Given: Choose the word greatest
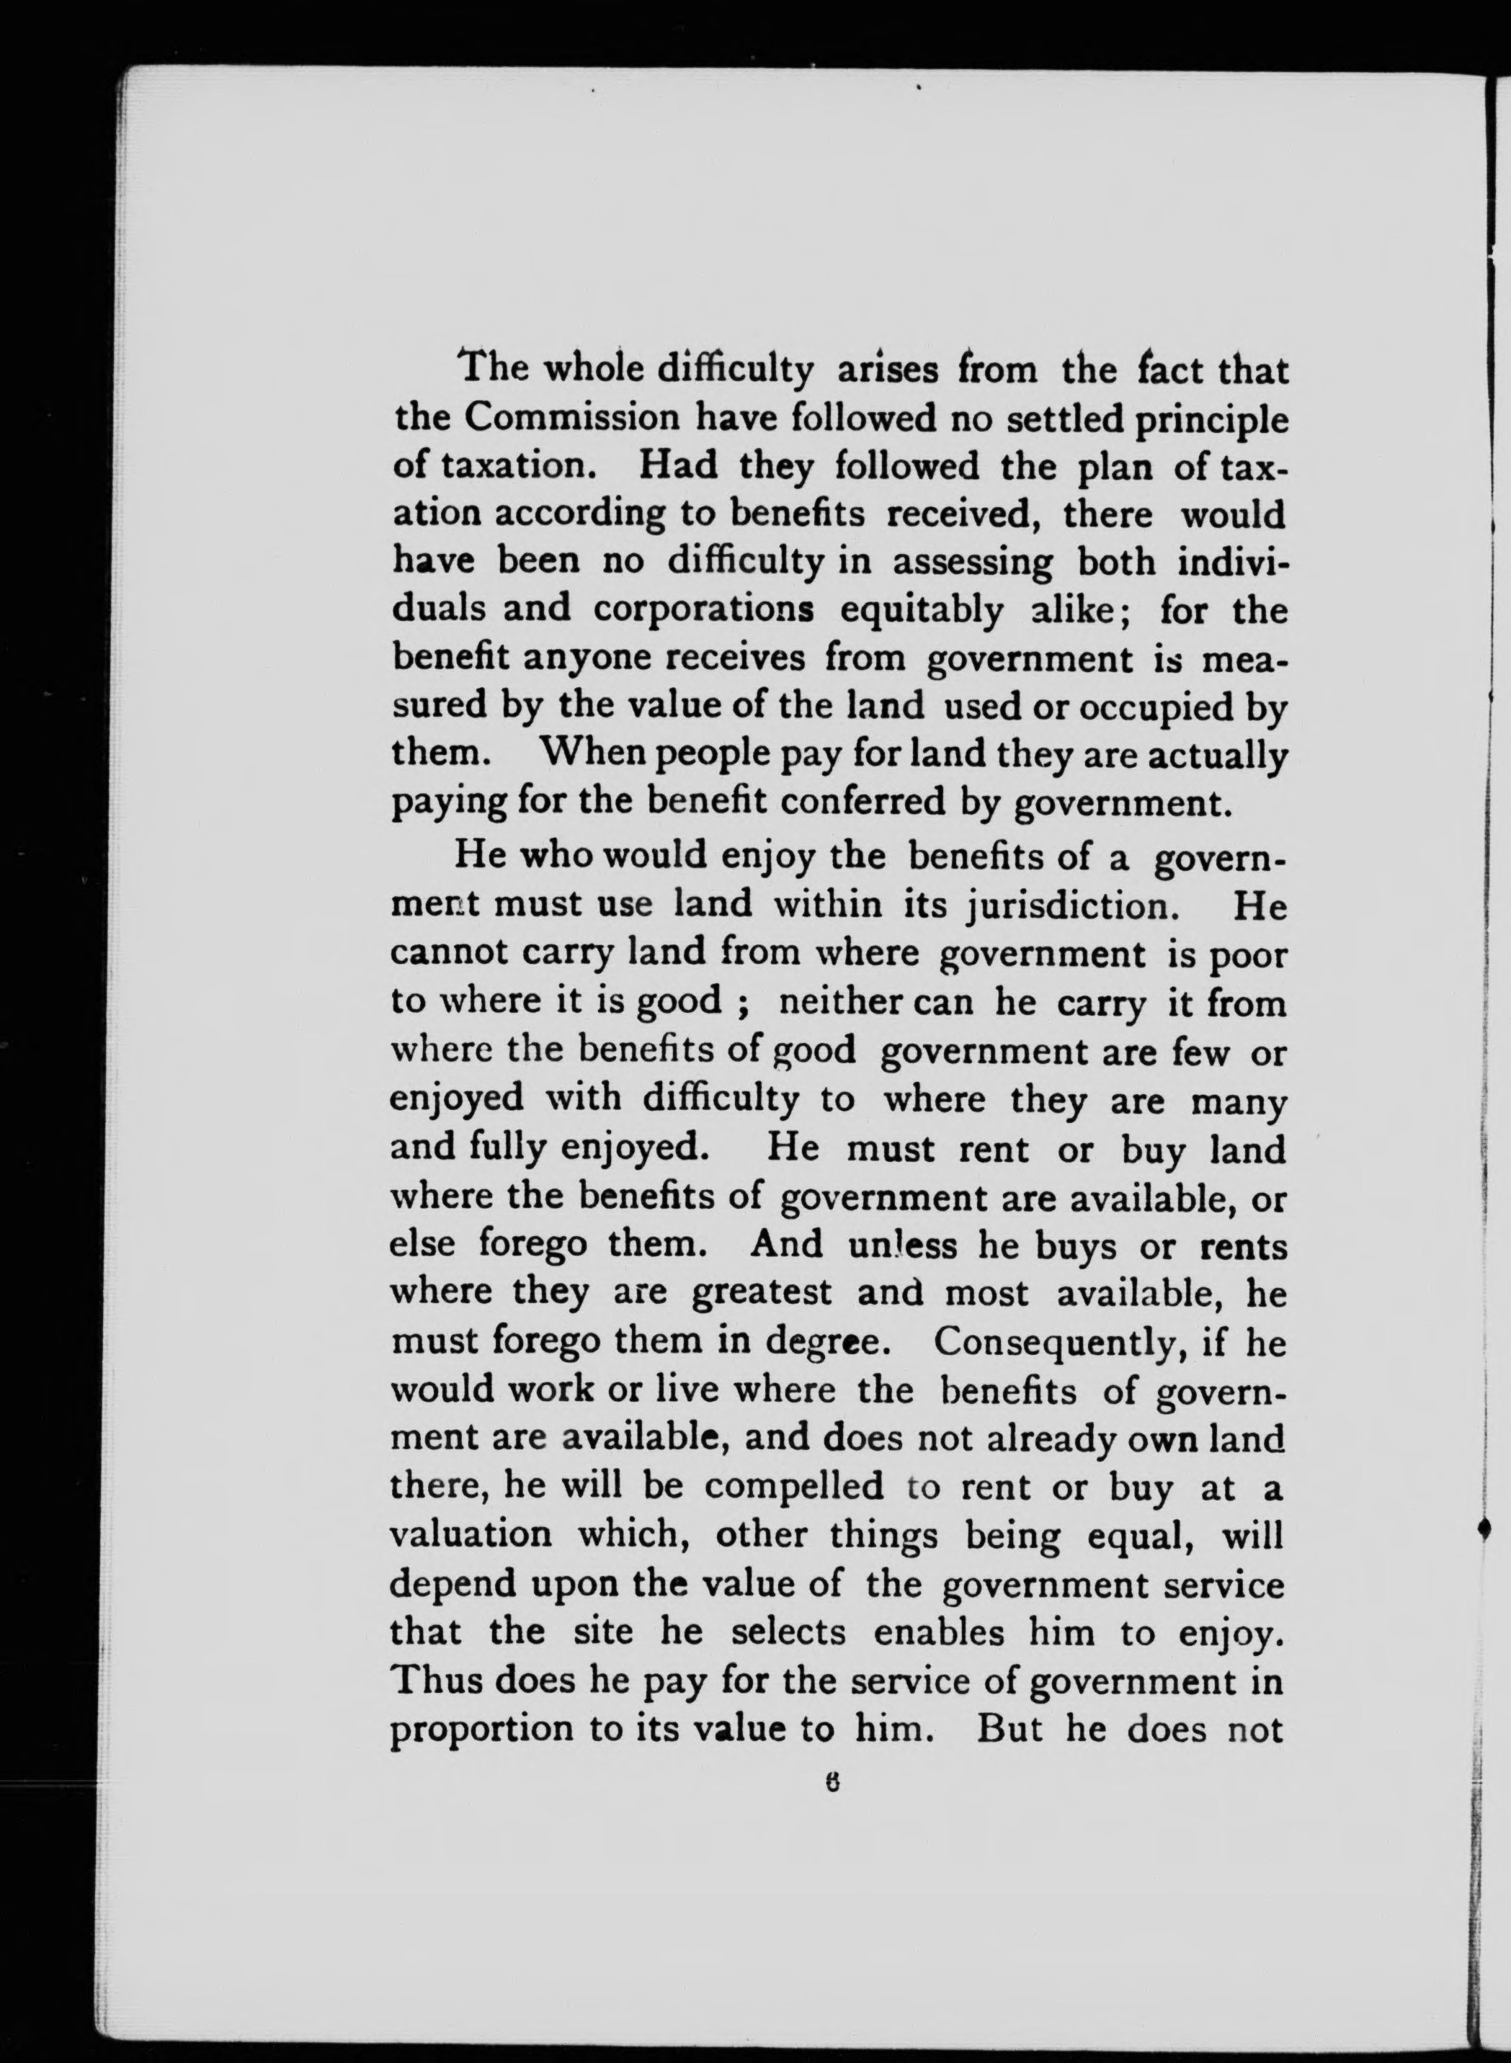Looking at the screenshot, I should [761, 1294].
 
